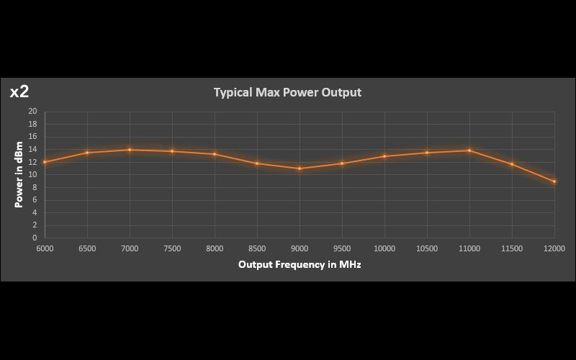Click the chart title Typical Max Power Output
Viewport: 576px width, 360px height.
click(x=287, y=92)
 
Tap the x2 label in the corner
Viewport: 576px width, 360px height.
click(x=19, y=91)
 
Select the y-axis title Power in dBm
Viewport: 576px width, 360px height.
click(x=19, y=174)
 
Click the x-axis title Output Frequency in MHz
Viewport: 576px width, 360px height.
click(x=300, y=264)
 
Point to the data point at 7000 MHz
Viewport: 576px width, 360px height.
click(x=130, y=150)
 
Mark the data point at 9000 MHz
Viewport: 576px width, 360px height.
click(x=300, y=168)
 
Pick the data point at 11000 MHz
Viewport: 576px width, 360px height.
click(x=469, y=150)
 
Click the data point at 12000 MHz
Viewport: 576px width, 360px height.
click(x=554, y=181)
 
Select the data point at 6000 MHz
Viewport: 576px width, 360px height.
click(x=45, y=162)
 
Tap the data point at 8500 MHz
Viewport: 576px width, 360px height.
click(x=257, y=163)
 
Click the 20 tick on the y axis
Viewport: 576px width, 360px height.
click(x=32, y=112)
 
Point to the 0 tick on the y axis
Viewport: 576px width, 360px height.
click(x=35, y=238)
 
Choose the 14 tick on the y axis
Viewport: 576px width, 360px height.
click(x=32, y=150)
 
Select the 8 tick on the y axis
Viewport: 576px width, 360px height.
click(x=35, y=187)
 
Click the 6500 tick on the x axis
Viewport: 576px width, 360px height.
click(x=87, y=248)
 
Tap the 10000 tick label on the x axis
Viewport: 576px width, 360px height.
click(x=384, y=248)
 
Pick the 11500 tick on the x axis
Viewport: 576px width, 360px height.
click(x=512, y=248)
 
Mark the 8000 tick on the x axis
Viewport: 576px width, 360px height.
click(x=215, y=248)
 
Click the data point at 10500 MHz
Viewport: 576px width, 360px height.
click(x=427, y=153)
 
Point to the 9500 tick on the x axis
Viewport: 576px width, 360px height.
click(x=342, y=248)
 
